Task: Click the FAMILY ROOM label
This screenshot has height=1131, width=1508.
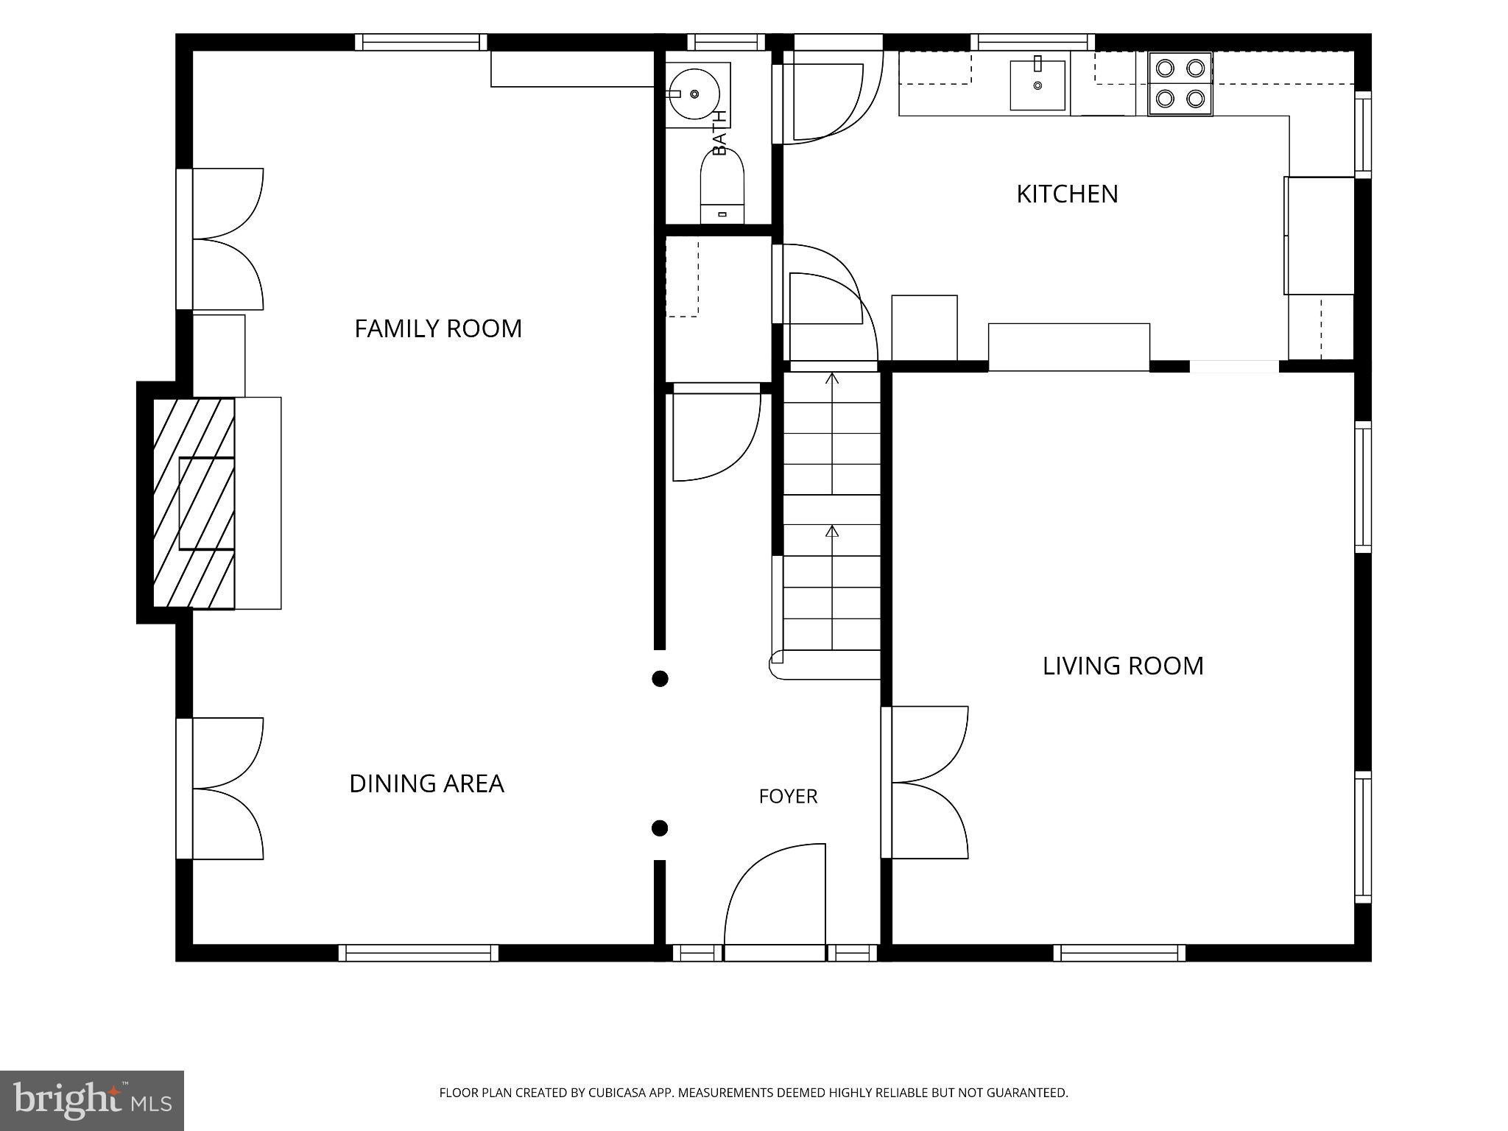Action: tap(438, 328)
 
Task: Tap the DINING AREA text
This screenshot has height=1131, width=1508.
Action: tap(427, 783)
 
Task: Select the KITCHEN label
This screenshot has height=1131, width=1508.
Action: tap(1067, 194)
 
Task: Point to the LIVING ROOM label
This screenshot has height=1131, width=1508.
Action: tap(1123, 666)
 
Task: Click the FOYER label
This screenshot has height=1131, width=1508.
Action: tap(788, 796)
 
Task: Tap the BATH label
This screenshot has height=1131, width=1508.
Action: tap(719, 132)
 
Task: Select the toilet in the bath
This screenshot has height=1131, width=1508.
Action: tap(722, 188)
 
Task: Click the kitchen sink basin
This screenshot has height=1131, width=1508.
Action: tap(1037, 85)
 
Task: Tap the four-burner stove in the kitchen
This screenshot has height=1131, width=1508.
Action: tap(1180, 84)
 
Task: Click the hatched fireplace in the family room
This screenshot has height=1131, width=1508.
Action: tap(194, 504)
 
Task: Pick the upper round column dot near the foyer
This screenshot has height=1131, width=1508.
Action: tap(660, 678)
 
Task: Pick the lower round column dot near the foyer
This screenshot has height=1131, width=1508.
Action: tap(660, 828)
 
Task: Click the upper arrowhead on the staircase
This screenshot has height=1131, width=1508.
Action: tap(832, 378)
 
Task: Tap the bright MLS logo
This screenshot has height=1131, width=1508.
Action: tap(92, 1100)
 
